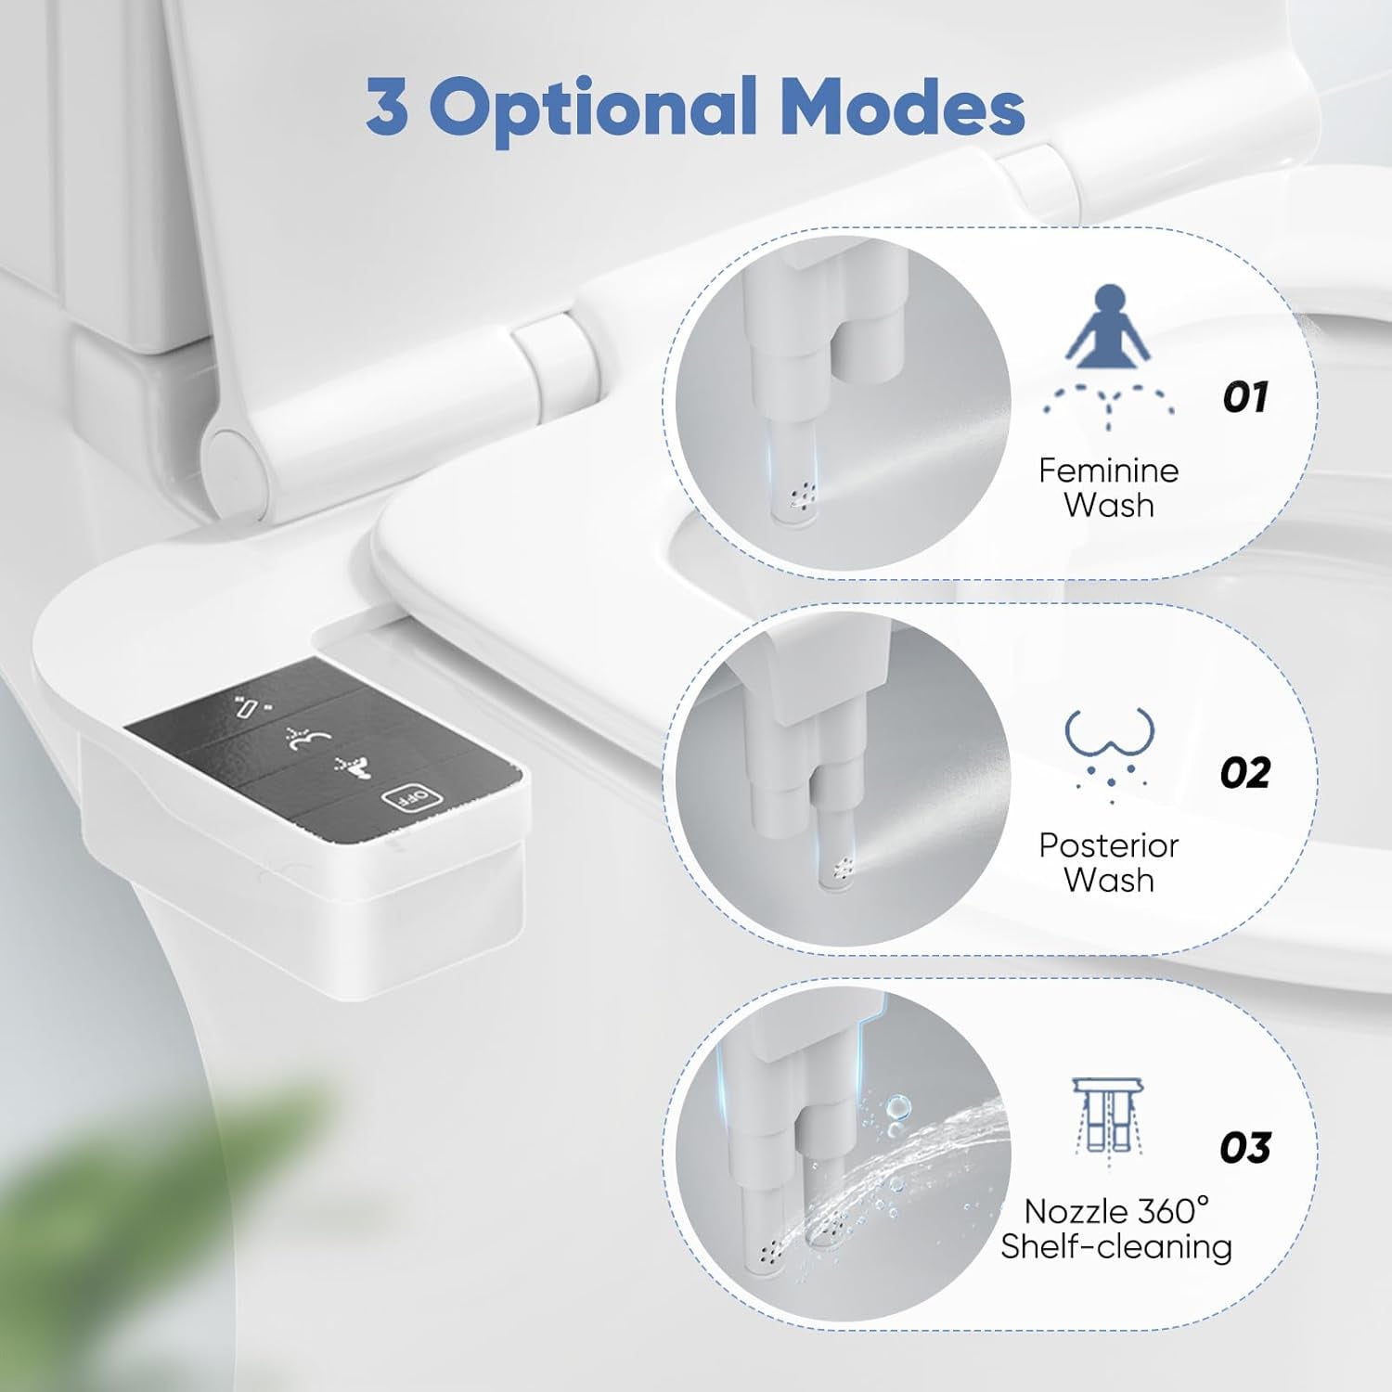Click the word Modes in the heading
[902, 108]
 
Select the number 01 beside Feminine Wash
[1244, 397]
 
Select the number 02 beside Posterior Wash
[1244, 772]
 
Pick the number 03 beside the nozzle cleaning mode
[1244, 1148]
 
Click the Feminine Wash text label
[1108, 488]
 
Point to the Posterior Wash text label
[1108, 862]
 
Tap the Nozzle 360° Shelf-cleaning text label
[1116, 1229]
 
